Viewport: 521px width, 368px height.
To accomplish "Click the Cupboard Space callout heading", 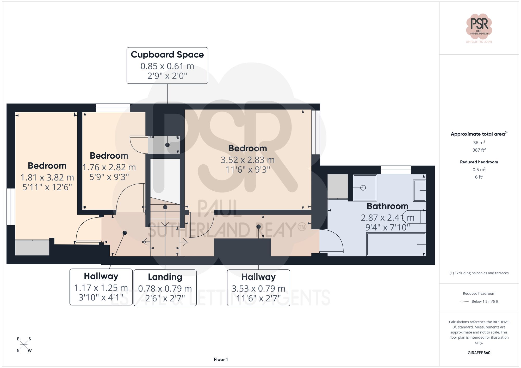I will pyautogui.click(x=167, y=55).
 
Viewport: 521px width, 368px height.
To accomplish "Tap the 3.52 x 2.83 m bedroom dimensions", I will pyautogui.click(x=247, y=160).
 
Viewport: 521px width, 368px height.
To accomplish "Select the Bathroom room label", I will pyautogui.click(x=387, y=206).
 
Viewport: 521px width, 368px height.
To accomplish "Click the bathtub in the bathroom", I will pyautogui.click(x=396, y=244).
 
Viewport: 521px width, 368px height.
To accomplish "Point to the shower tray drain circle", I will pyautogui.click(x=363, y=188).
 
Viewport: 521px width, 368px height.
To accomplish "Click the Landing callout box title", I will pyautogui.click(x=165, y=277).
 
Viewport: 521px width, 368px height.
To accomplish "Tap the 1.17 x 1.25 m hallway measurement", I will pyautogui.click(x=101, y=288).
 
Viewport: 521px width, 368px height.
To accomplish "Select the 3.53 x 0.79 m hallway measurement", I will pyautogui.click(x=258, y=288).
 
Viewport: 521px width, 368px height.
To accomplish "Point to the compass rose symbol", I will pyautogui.click(x=24, y=345).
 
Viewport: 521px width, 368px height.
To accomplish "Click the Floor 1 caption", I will pyautogui.click(x=221, y=359).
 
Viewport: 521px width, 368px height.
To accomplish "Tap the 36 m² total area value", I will pyautogui.click(x=479, y=143).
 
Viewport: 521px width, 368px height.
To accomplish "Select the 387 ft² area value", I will pyautogui.click(x=479, y=150).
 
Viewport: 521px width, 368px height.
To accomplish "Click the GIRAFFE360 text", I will pyautogui.click(x=479, y=353).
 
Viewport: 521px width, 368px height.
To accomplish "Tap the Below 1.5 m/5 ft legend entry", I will pyautogui.click(x=485, y=301).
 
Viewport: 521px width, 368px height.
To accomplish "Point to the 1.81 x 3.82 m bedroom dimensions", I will pyautogui.click(x=47, y=177).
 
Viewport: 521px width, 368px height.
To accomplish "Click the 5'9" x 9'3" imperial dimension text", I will pyautogui.click(x=109, y=177).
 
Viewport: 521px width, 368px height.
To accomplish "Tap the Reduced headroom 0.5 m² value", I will pyautogui.click(x=479, y=170).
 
